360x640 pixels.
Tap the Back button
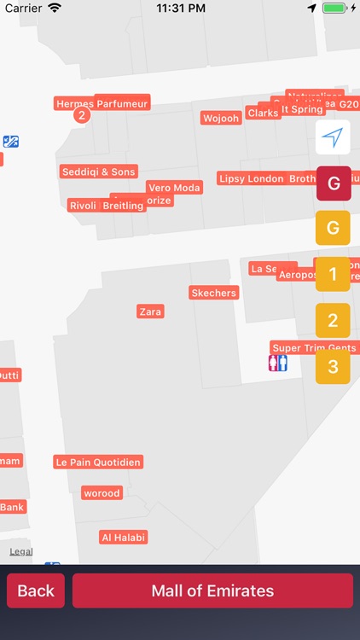[x=36, y=591]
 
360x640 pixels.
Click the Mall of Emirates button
[x=212, y=591]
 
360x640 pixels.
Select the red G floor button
[x=333, y=183]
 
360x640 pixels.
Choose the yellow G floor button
[x=333, y=228]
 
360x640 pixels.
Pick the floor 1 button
[x=333, y=275]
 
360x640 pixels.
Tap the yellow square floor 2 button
[x=333, y=321]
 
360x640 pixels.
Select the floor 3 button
[x=333, y=368]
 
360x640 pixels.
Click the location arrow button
[x=333, y=137]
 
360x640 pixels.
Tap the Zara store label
[x=150, y=311]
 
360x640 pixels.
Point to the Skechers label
[x=213, y=293]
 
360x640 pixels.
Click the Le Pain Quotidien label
[x=98, y=462]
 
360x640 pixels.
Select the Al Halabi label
[x=124, y=537]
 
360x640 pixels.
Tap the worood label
[x=102, y=492]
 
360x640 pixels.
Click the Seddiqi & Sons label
[x=98, y=172]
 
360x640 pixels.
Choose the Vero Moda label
[x=174, y=188]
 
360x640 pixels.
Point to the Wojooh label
[x=221, y=118]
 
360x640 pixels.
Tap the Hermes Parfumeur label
[x=102, y=103]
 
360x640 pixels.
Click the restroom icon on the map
[x=278, y=364]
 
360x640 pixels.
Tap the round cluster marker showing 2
[x=81, y=115]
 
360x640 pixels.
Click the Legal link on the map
[x=21, y=552]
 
